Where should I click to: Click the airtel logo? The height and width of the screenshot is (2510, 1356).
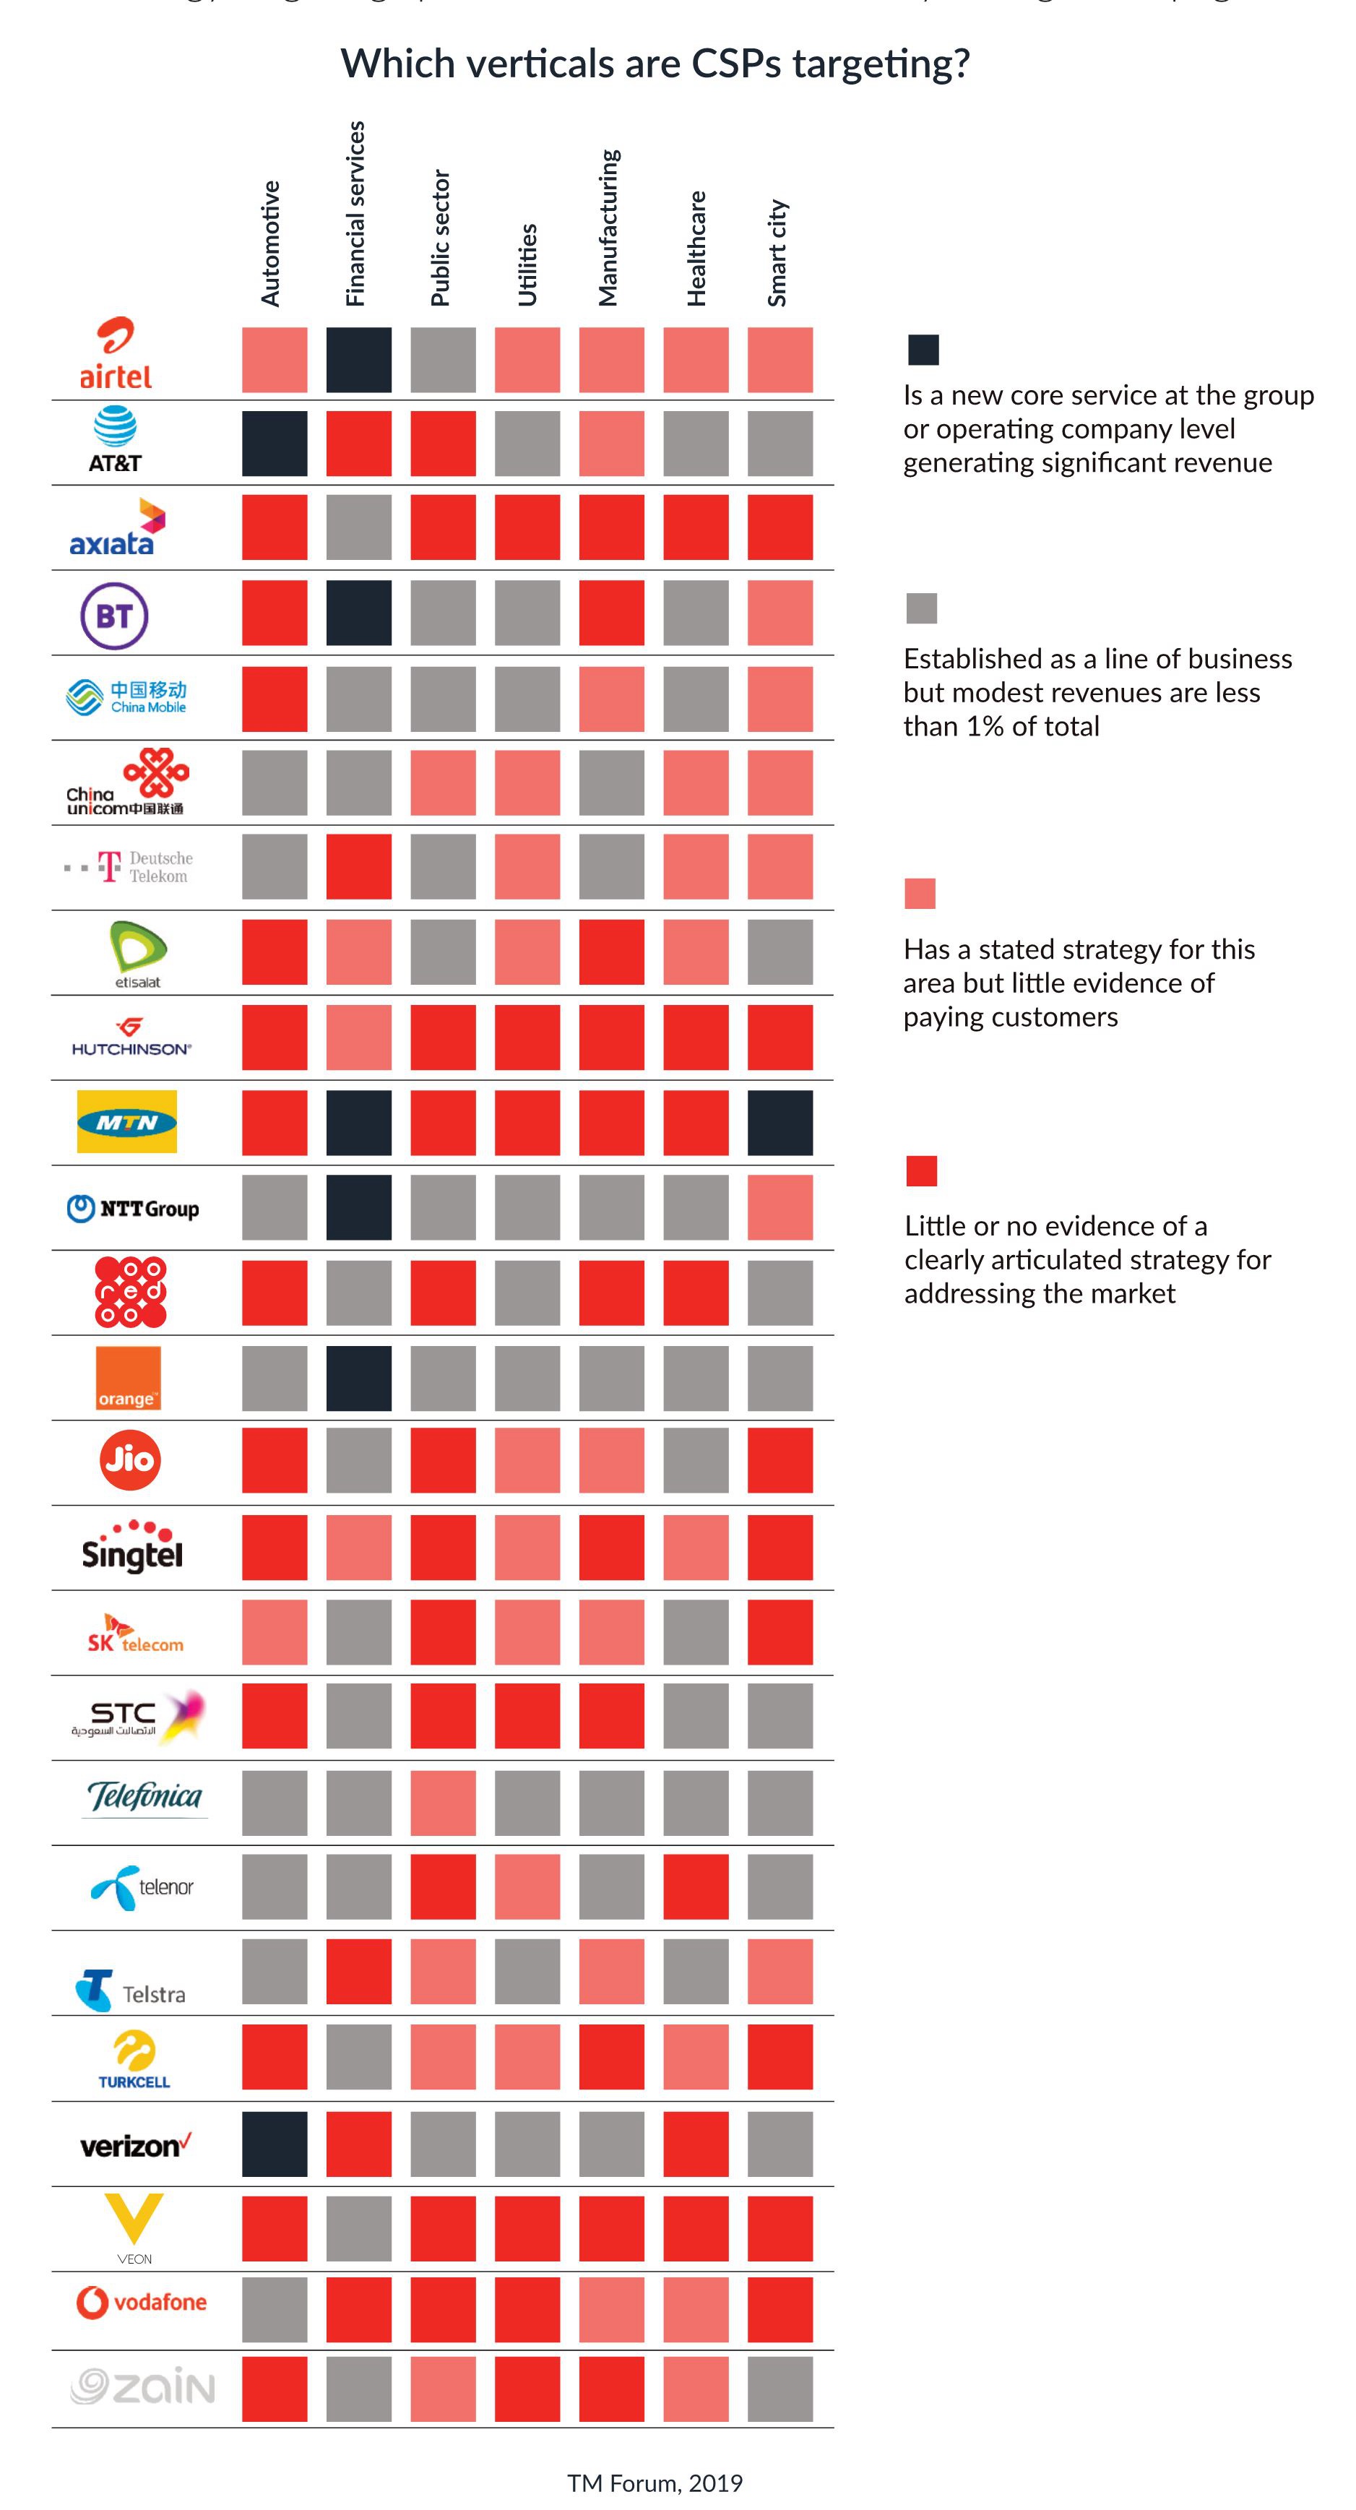(x=115, y=354)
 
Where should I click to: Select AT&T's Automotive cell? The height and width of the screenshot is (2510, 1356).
(x=275, y=444)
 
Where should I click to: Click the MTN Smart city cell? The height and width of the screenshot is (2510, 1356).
(x=780, y=1123)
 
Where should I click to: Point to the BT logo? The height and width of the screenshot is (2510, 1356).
(x=114, y=616)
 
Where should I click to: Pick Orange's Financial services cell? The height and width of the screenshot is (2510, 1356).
(x=358, y=1378)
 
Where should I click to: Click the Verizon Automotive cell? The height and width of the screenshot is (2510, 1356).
(x=275, y=2144)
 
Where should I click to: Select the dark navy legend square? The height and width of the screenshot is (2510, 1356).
(x=923, y=350)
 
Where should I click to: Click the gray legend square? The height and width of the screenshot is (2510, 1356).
(x=920, y=608)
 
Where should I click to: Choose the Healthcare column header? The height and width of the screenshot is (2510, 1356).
(x=696, y=249)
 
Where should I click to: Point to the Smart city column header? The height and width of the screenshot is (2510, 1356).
(x=777, y=254)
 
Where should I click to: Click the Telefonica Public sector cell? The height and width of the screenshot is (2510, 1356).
(x=444, y=1803)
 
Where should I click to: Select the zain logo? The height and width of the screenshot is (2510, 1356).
(x=142, y=2387)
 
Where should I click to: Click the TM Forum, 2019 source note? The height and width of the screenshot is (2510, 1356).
(x=655, y=2483)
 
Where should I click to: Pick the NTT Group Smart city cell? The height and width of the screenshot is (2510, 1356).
(x=780, y=1207)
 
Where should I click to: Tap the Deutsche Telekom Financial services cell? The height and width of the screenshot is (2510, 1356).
(x=358, y=866)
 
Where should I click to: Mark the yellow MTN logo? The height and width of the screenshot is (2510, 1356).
(x=126, y=1121)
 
